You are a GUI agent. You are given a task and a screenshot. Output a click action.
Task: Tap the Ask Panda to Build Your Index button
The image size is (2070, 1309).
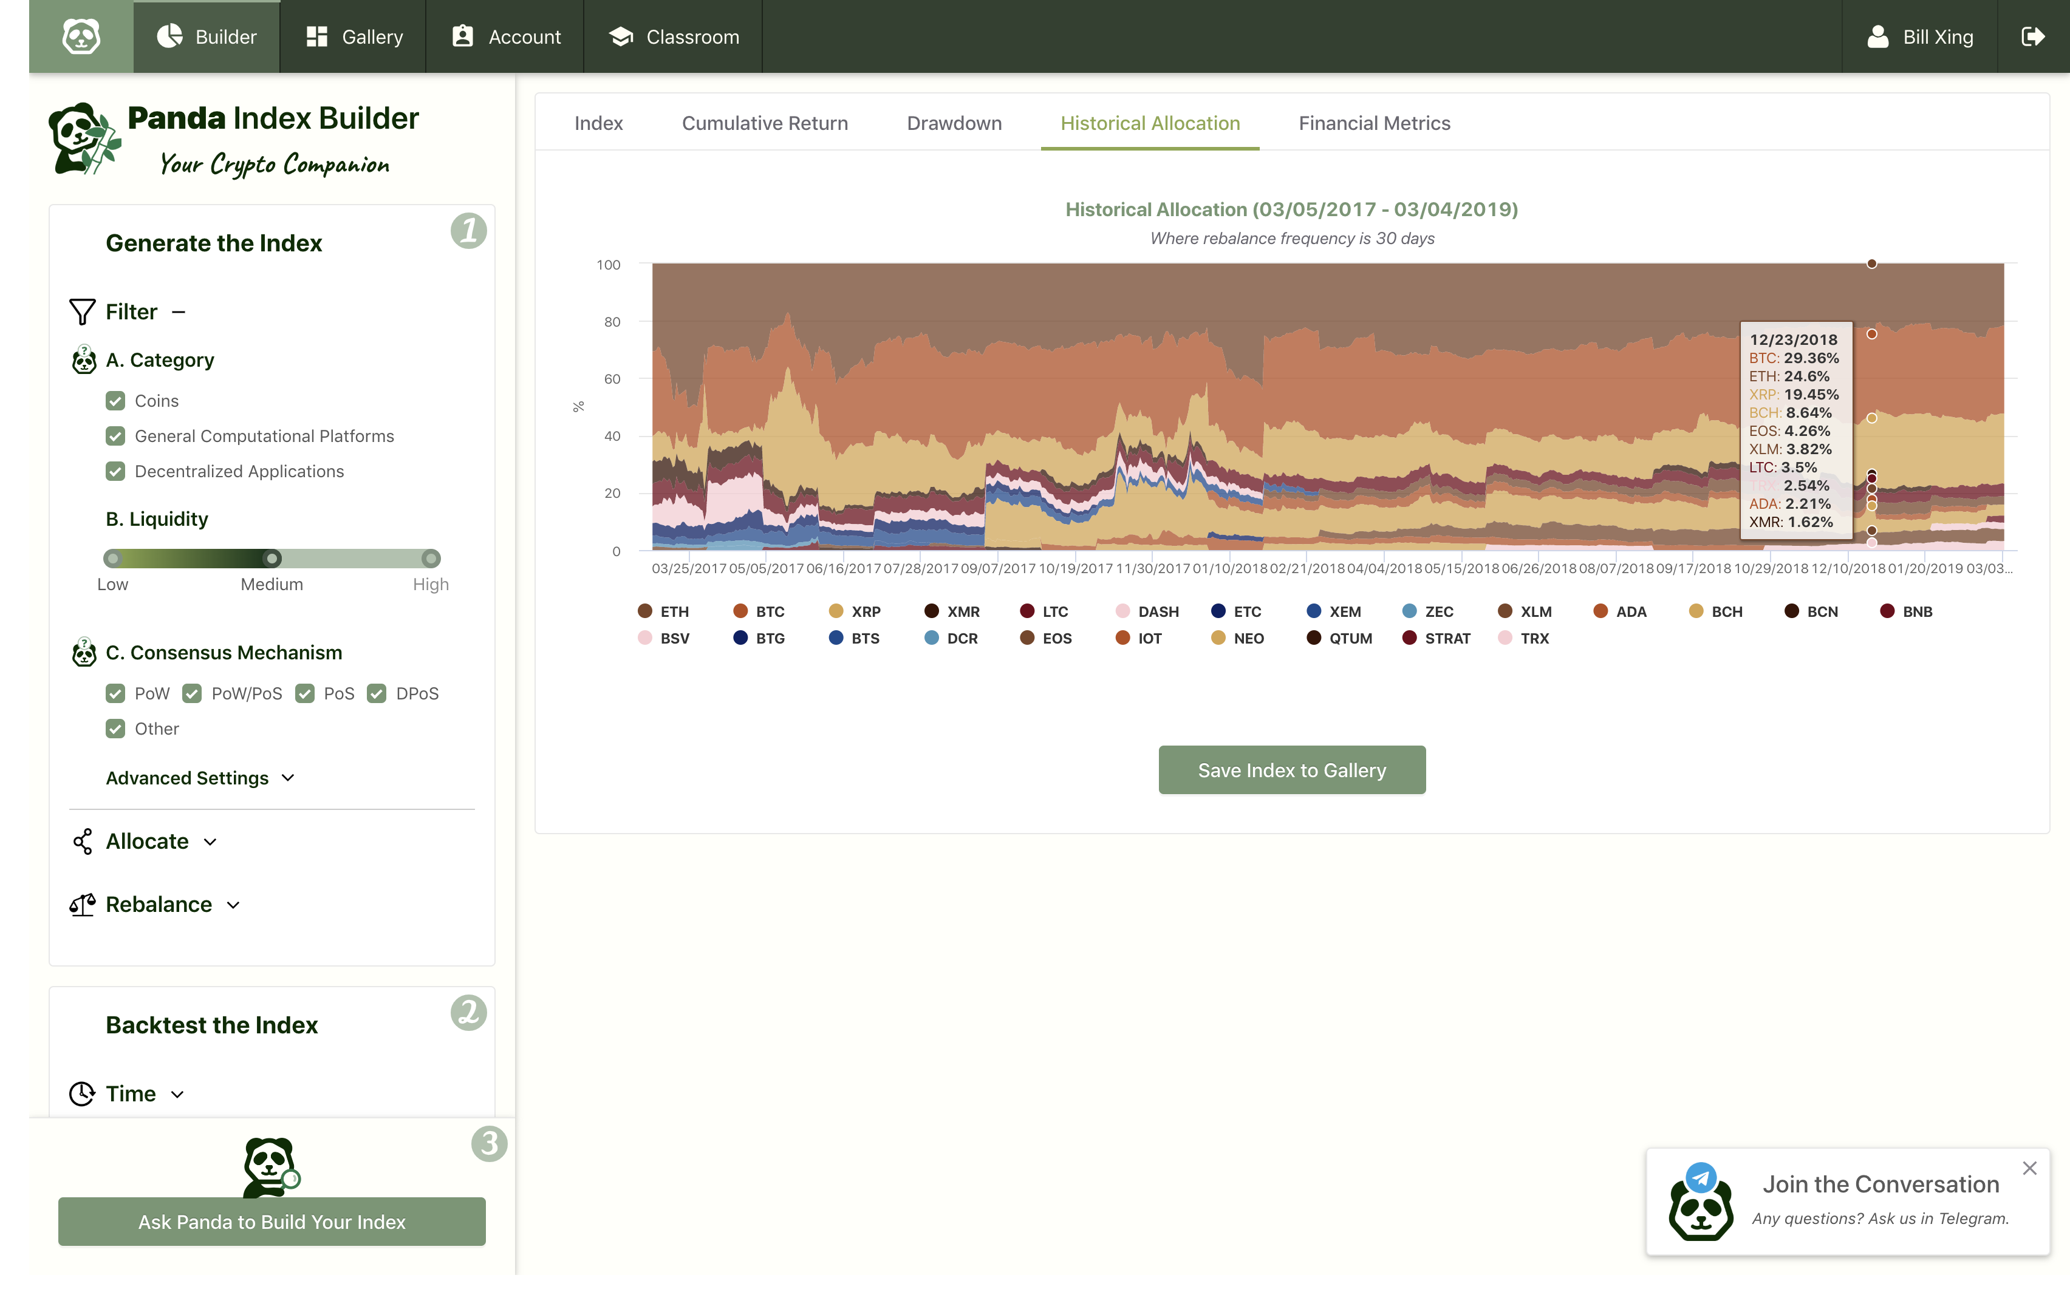(x=272, y=1222)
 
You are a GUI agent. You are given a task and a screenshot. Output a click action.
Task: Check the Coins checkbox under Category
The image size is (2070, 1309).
(x=115, y=401)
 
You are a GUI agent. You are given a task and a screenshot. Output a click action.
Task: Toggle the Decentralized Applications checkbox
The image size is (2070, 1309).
(x=115, y=472)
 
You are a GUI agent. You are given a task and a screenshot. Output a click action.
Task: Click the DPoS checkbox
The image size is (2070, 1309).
(x=377, y=693)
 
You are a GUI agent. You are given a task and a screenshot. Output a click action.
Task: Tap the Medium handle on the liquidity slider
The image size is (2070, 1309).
(x=272, y=559)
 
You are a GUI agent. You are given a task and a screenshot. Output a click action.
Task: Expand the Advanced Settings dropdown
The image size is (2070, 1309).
(x=199, y=778)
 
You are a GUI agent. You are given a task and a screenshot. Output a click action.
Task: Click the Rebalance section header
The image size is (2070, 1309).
(x=158, y=904)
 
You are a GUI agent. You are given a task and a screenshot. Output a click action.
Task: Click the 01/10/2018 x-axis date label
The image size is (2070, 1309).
(x=1229, y=569)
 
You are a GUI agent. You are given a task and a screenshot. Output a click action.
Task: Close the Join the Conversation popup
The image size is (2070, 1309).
(x=2029, y=1168)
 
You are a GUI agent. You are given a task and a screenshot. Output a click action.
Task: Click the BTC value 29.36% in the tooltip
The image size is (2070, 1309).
(x=1811, y=358)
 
